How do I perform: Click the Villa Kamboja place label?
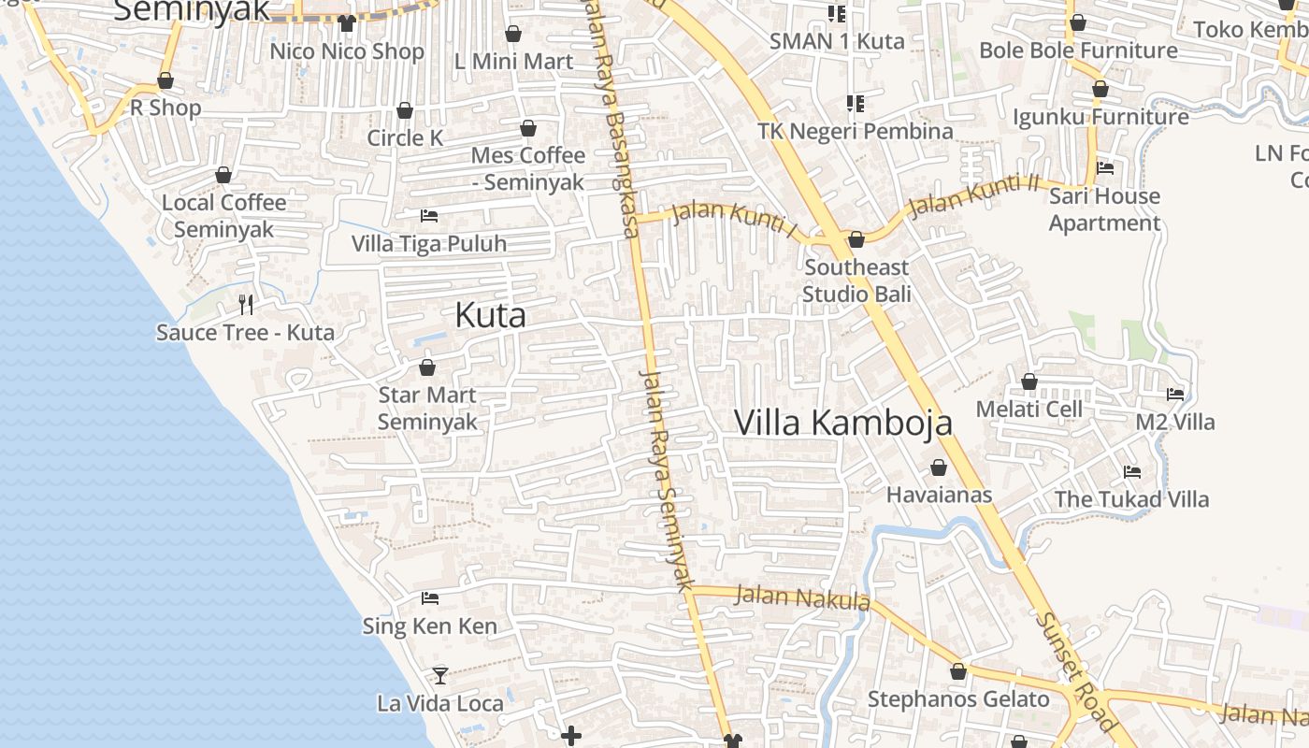click(843, 423)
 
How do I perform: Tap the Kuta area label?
click(490, 315)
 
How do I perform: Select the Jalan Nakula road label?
click(802, 597)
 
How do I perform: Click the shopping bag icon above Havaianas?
click(939, 467)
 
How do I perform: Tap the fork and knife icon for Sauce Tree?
click(246, 304)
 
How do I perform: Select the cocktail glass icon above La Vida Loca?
click(439, 674)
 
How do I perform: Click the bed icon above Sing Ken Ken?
click(430, 597)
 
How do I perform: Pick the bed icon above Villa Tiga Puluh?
click(429, 216)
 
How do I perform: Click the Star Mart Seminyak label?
click(427, 409)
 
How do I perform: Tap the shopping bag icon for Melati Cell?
click(1029, 381)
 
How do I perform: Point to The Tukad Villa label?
click(1131, 499)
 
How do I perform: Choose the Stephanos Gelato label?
click(958, 699)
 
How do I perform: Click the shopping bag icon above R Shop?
click(165, 80)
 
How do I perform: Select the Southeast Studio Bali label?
click(856, 280)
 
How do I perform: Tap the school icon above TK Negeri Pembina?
click(855, 103)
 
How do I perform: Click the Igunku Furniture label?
click(1100, 117)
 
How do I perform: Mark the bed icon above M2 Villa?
click(1175, 395)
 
